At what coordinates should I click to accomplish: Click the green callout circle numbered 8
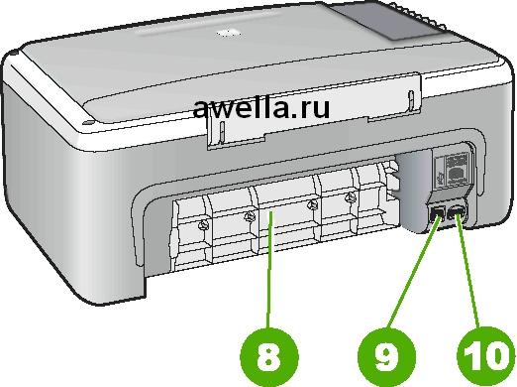point(268,357)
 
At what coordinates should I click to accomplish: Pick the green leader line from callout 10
point(467,270)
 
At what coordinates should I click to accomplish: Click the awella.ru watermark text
point(261,108)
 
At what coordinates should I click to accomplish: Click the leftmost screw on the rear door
point(203,225)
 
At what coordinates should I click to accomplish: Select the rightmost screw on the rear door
point(350,198)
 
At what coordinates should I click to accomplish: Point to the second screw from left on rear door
point(250,216)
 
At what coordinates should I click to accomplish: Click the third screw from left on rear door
point(311,205)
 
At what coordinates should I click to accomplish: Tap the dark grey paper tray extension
point(389,21)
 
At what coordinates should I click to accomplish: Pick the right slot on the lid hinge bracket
point(411,100)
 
